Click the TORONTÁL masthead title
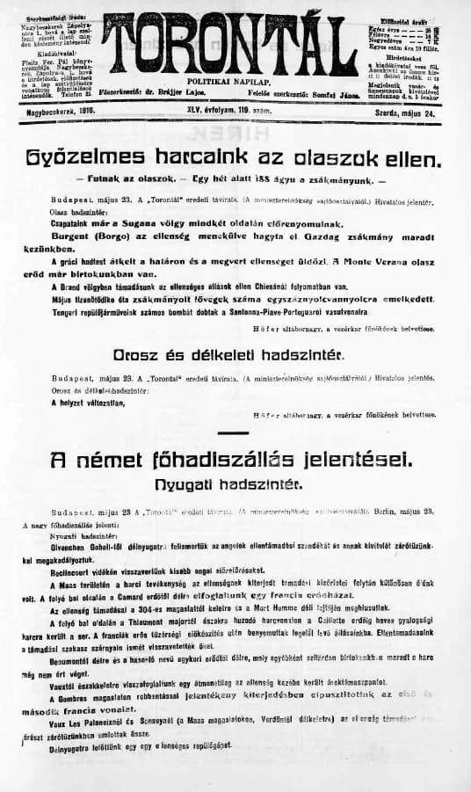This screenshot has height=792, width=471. point(235,39)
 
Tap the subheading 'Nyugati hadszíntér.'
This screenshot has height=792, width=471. point(235,483)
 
